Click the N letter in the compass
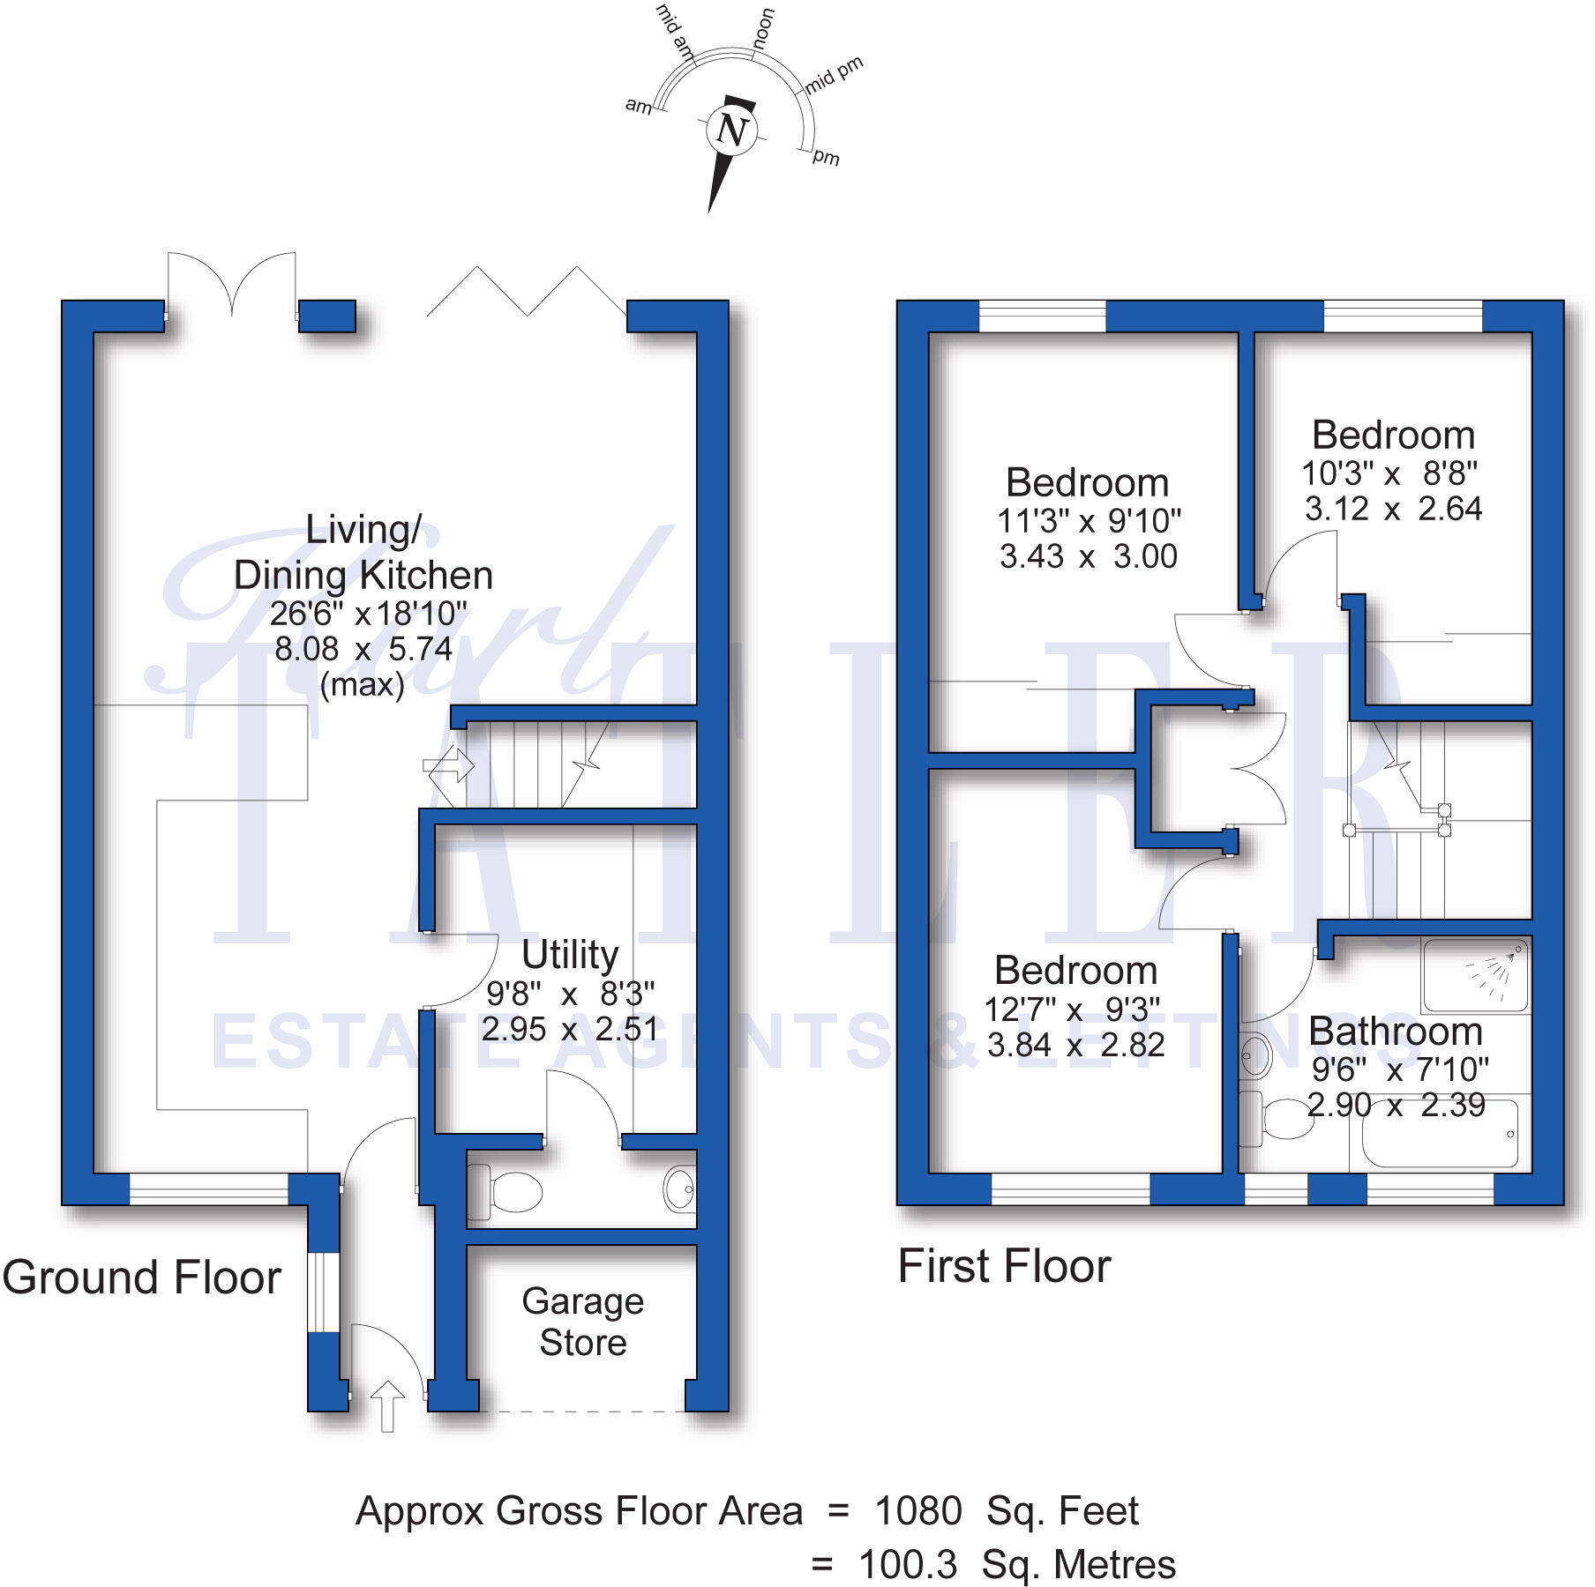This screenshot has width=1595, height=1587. pyautogui.click(x=731, y=131)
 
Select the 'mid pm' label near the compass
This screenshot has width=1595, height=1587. pyautogui.click(x=834, y=76)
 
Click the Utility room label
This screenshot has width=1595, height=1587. pyautogui.click(x=570, y=955)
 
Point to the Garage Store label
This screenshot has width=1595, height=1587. pyautogui.click(x=582, y=1322)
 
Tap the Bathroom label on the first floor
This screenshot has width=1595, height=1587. pyautogui.click(x=1395, y=1032)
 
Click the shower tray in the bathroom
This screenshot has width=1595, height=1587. pyautogui.click(x=1476, y=974)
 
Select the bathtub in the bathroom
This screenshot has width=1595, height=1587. pyautogui.click(x=1439, y=1134)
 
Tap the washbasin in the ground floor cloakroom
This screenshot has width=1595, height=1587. pyautogui.click(x=679, y=1188)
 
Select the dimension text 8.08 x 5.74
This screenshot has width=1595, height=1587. pyautogui.click(x=363, y=650)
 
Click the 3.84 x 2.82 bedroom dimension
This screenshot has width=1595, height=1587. pyautogui.click(x=1075, y=1046)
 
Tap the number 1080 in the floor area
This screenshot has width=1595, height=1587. pyautogui.click(x=917, y=1511)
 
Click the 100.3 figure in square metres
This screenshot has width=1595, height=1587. pyautogui.click(x=907, y=1565)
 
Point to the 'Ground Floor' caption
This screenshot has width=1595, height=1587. pyautogui.click(x=141, y=1278)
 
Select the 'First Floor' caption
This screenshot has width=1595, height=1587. pyautogui.click(x=1004, y=1267)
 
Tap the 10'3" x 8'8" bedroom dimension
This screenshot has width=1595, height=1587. pyautogui.click(x=1389, y=474)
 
